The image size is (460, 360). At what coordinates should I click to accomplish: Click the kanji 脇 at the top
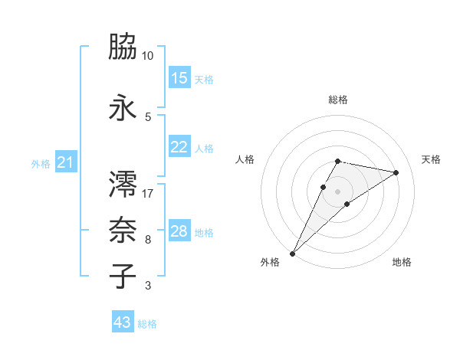coord(123,47)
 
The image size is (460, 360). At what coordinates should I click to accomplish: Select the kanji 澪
coord(123,184)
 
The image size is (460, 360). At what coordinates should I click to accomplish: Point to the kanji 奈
coord(123,230)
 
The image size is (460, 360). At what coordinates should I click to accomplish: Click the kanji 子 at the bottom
coord(123,276)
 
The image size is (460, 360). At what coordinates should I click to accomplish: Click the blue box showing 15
coord(179,78)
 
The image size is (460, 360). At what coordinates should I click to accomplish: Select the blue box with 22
coord(179,148)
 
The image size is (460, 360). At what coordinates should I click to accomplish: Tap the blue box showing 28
coord(179,231)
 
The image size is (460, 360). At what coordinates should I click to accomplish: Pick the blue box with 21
coord(66,163)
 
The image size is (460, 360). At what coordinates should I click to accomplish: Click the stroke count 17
coord(148,194)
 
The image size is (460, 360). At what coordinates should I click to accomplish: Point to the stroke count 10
coord(148,56)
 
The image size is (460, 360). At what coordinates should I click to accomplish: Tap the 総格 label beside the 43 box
coord(147,324)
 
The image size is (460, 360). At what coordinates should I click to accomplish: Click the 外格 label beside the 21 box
coord(41,164)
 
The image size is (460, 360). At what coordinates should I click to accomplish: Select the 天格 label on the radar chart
coord(431,159)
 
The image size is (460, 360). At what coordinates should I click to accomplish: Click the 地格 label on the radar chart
coord(402,262)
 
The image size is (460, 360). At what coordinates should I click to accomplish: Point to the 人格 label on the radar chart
coord(245,159)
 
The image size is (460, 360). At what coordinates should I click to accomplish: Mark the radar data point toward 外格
coord(292,253)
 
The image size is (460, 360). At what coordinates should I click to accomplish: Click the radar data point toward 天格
coord(396,172)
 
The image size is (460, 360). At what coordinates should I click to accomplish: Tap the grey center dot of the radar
coord(337,191)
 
